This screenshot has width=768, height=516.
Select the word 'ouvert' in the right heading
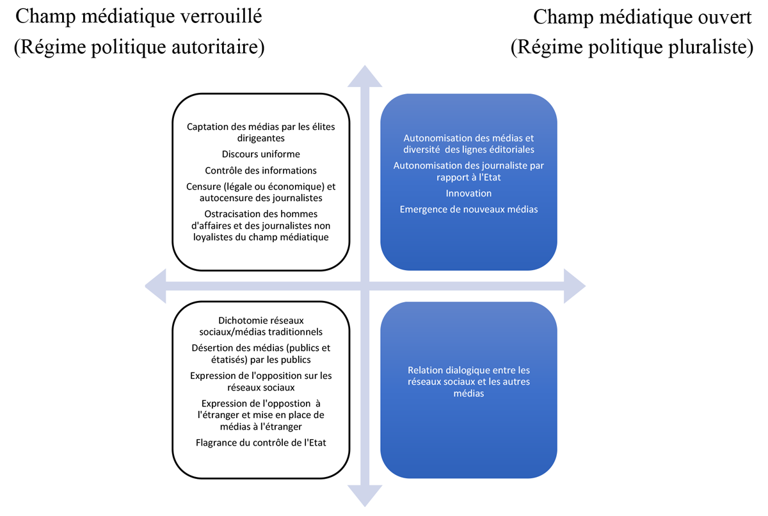[x=721, y=17]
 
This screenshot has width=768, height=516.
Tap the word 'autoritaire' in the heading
[x=218, y=47]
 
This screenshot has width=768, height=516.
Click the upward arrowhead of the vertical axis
[x=365, y=77]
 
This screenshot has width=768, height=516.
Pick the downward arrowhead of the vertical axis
[x=365, y=495]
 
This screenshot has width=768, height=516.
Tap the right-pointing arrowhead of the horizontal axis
[x=575, y=286]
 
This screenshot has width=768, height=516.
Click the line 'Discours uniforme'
[x=261, y=154]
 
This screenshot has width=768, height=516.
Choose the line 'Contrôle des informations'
[x=261, y=170]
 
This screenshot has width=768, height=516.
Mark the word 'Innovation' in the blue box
[x=468, y=193]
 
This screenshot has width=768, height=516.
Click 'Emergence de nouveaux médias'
[x=468, y=209]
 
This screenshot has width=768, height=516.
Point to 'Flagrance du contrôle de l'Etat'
[x=261, y=443]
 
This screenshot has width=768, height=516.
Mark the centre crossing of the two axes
[x=365, y=286]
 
